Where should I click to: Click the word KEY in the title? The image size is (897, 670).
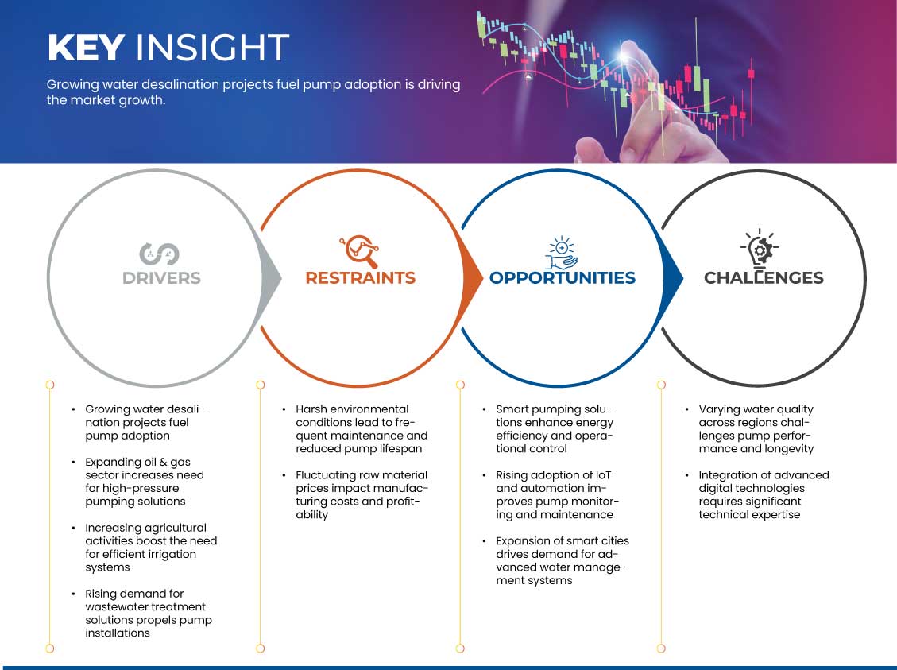pos(87,47)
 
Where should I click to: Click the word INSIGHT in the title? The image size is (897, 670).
pos(212,47)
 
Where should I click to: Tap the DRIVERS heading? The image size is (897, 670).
pos(161,278)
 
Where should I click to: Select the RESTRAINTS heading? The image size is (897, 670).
pos(361,277)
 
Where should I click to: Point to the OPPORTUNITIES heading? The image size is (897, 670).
pos(563,277)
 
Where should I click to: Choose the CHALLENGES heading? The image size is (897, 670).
pos(764,277)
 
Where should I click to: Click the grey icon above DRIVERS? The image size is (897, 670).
pos(159,254)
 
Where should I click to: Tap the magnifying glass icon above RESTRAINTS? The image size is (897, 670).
pos(360,251)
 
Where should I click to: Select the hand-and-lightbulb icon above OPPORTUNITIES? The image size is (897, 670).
pos(561,252)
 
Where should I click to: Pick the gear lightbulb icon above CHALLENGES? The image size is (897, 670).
pos(760,248)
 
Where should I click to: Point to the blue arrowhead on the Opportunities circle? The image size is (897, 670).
pos(673,278)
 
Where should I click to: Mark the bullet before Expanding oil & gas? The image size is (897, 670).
pos(73,462)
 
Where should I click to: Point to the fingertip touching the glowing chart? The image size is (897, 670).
pos(626,53)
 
